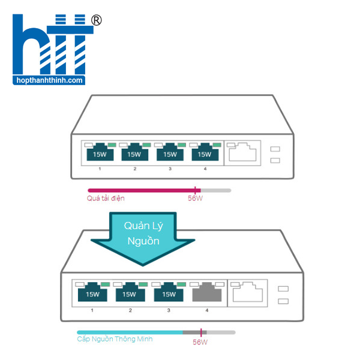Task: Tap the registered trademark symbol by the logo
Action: pos(96,20)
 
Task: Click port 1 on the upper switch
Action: pos(100,154)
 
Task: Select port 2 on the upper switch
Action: pos(134,154)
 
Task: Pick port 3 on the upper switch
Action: pos(170,154)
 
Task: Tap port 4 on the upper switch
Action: pos(205,154)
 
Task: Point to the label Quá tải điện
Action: pos(106,198)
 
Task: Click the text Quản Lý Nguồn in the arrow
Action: pos(142,233)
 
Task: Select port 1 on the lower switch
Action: pos(92,293)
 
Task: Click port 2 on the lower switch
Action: pos(130,293)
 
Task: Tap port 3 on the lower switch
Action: pos(169,293)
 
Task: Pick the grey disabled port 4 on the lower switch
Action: pos(207,293)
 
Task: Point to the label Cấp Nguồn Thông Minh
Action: pos(115,339)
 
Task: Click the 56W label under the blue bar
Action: pos(200,343)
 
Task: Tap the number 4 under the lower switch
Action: pos(207,310)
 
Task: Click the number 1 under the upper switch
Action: pos(100,170)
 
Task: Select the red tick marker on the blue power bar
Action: pos(201,332)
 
